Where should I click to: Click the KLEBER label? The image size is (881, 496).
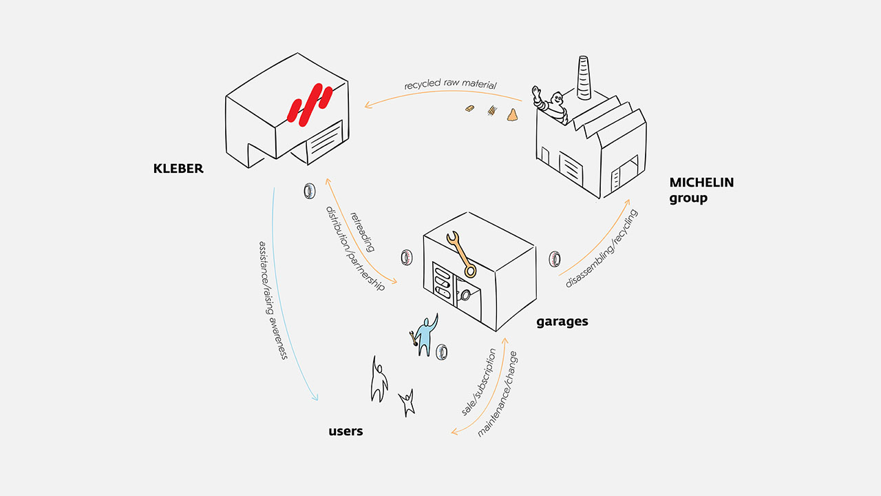pos(178,168)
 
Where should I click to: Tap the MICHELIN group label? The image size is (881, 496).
pos(701,190)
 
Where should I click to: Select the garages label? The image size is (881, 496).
pos(562,321)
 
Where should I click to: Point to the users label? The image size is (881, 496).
pos(346,431)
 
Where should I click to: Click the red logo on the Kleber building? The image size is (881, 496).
pos(310,105)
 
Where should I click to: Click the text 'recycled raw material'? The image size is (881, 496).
pos(451,85)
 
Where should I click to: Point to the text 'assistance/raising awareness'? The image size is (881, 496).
pos(272,300)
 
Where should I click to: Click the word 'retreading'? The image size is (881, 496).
pos(362,231)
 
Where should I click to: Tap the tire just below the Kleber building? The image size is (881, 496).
pos(308,191)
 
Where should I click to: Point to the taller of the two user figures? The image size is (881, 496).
pos(379,380)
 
